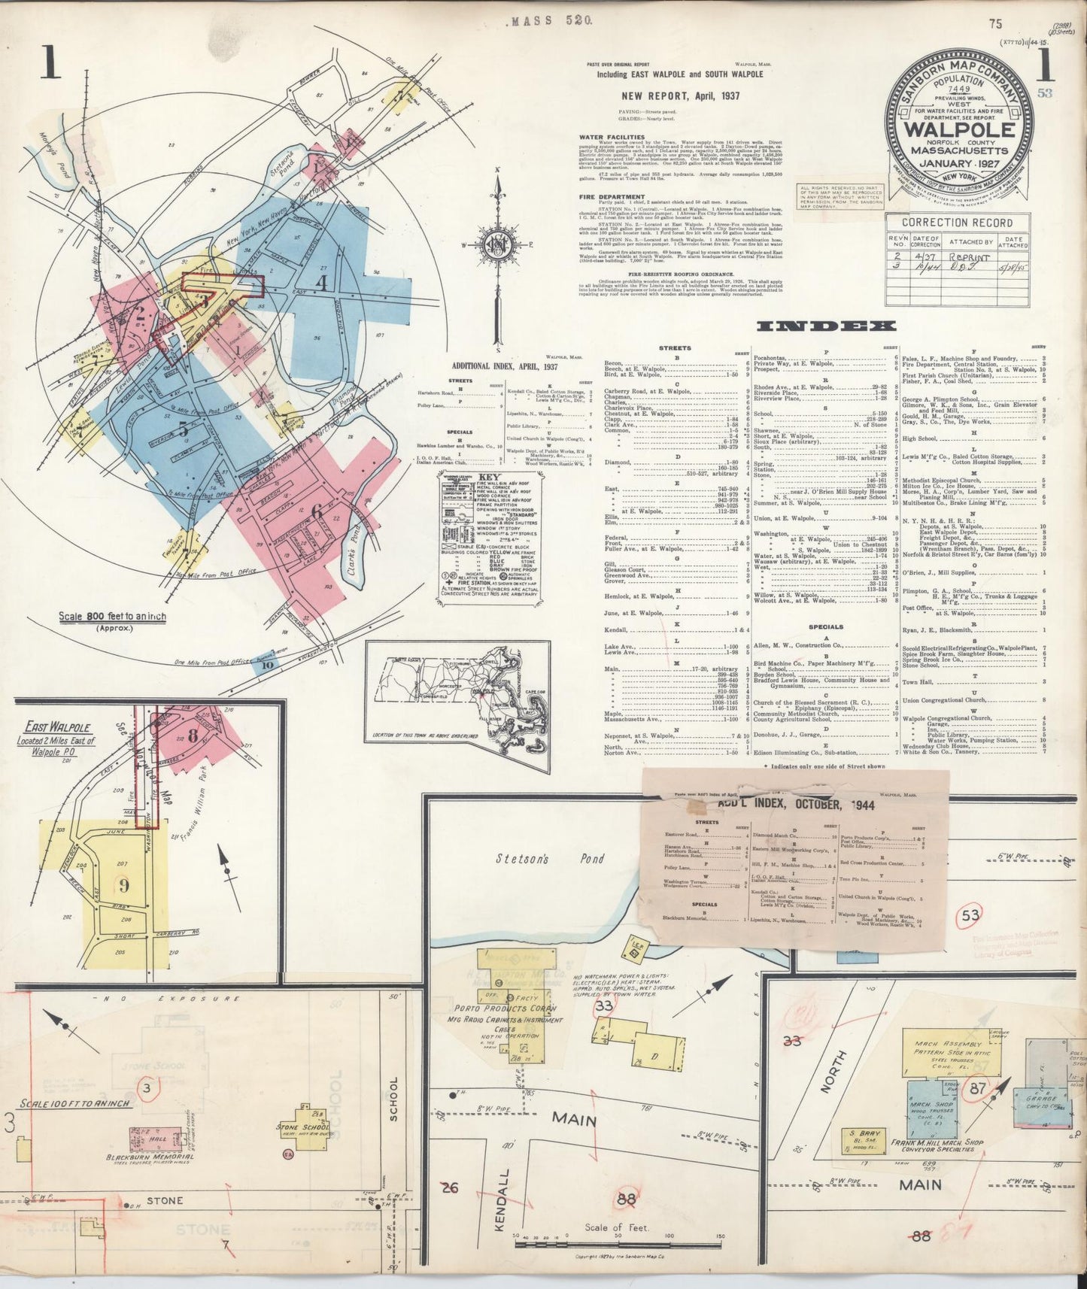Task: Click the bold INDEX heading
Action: pyautogui.click(x=826, y=326)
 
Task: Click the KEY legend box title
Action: pyautogui.click(x=491, y=477)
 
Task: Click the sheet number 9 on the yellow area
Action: pyautogui.click(x=124, y=885)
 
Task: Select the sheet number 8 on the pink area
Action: pyautogui.click(x=193, y=735)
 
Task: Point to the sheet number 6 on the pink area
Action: pyautogui.click(x=317, y=512)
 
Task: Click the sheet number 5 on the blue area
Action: pyautogui.click(x=183, y=430)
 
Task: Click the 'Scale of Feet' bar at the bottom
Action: pyautogui.click(x=615, y=1227)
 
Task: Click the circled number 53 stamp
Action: pyautogui.click(x=971, y=915)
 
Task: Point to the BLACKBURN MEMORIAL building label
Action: pyautogui.click(x=152, y=1157)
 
